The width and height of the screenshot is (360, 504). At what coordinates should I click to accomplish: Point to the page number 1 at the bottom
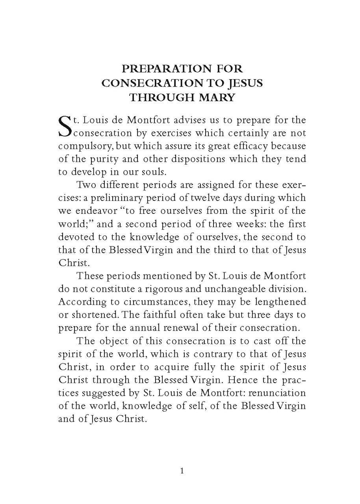[x=182, y=471]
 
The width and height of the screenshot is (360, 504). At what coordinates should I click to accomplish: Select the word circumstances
[x=141, y=302]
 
